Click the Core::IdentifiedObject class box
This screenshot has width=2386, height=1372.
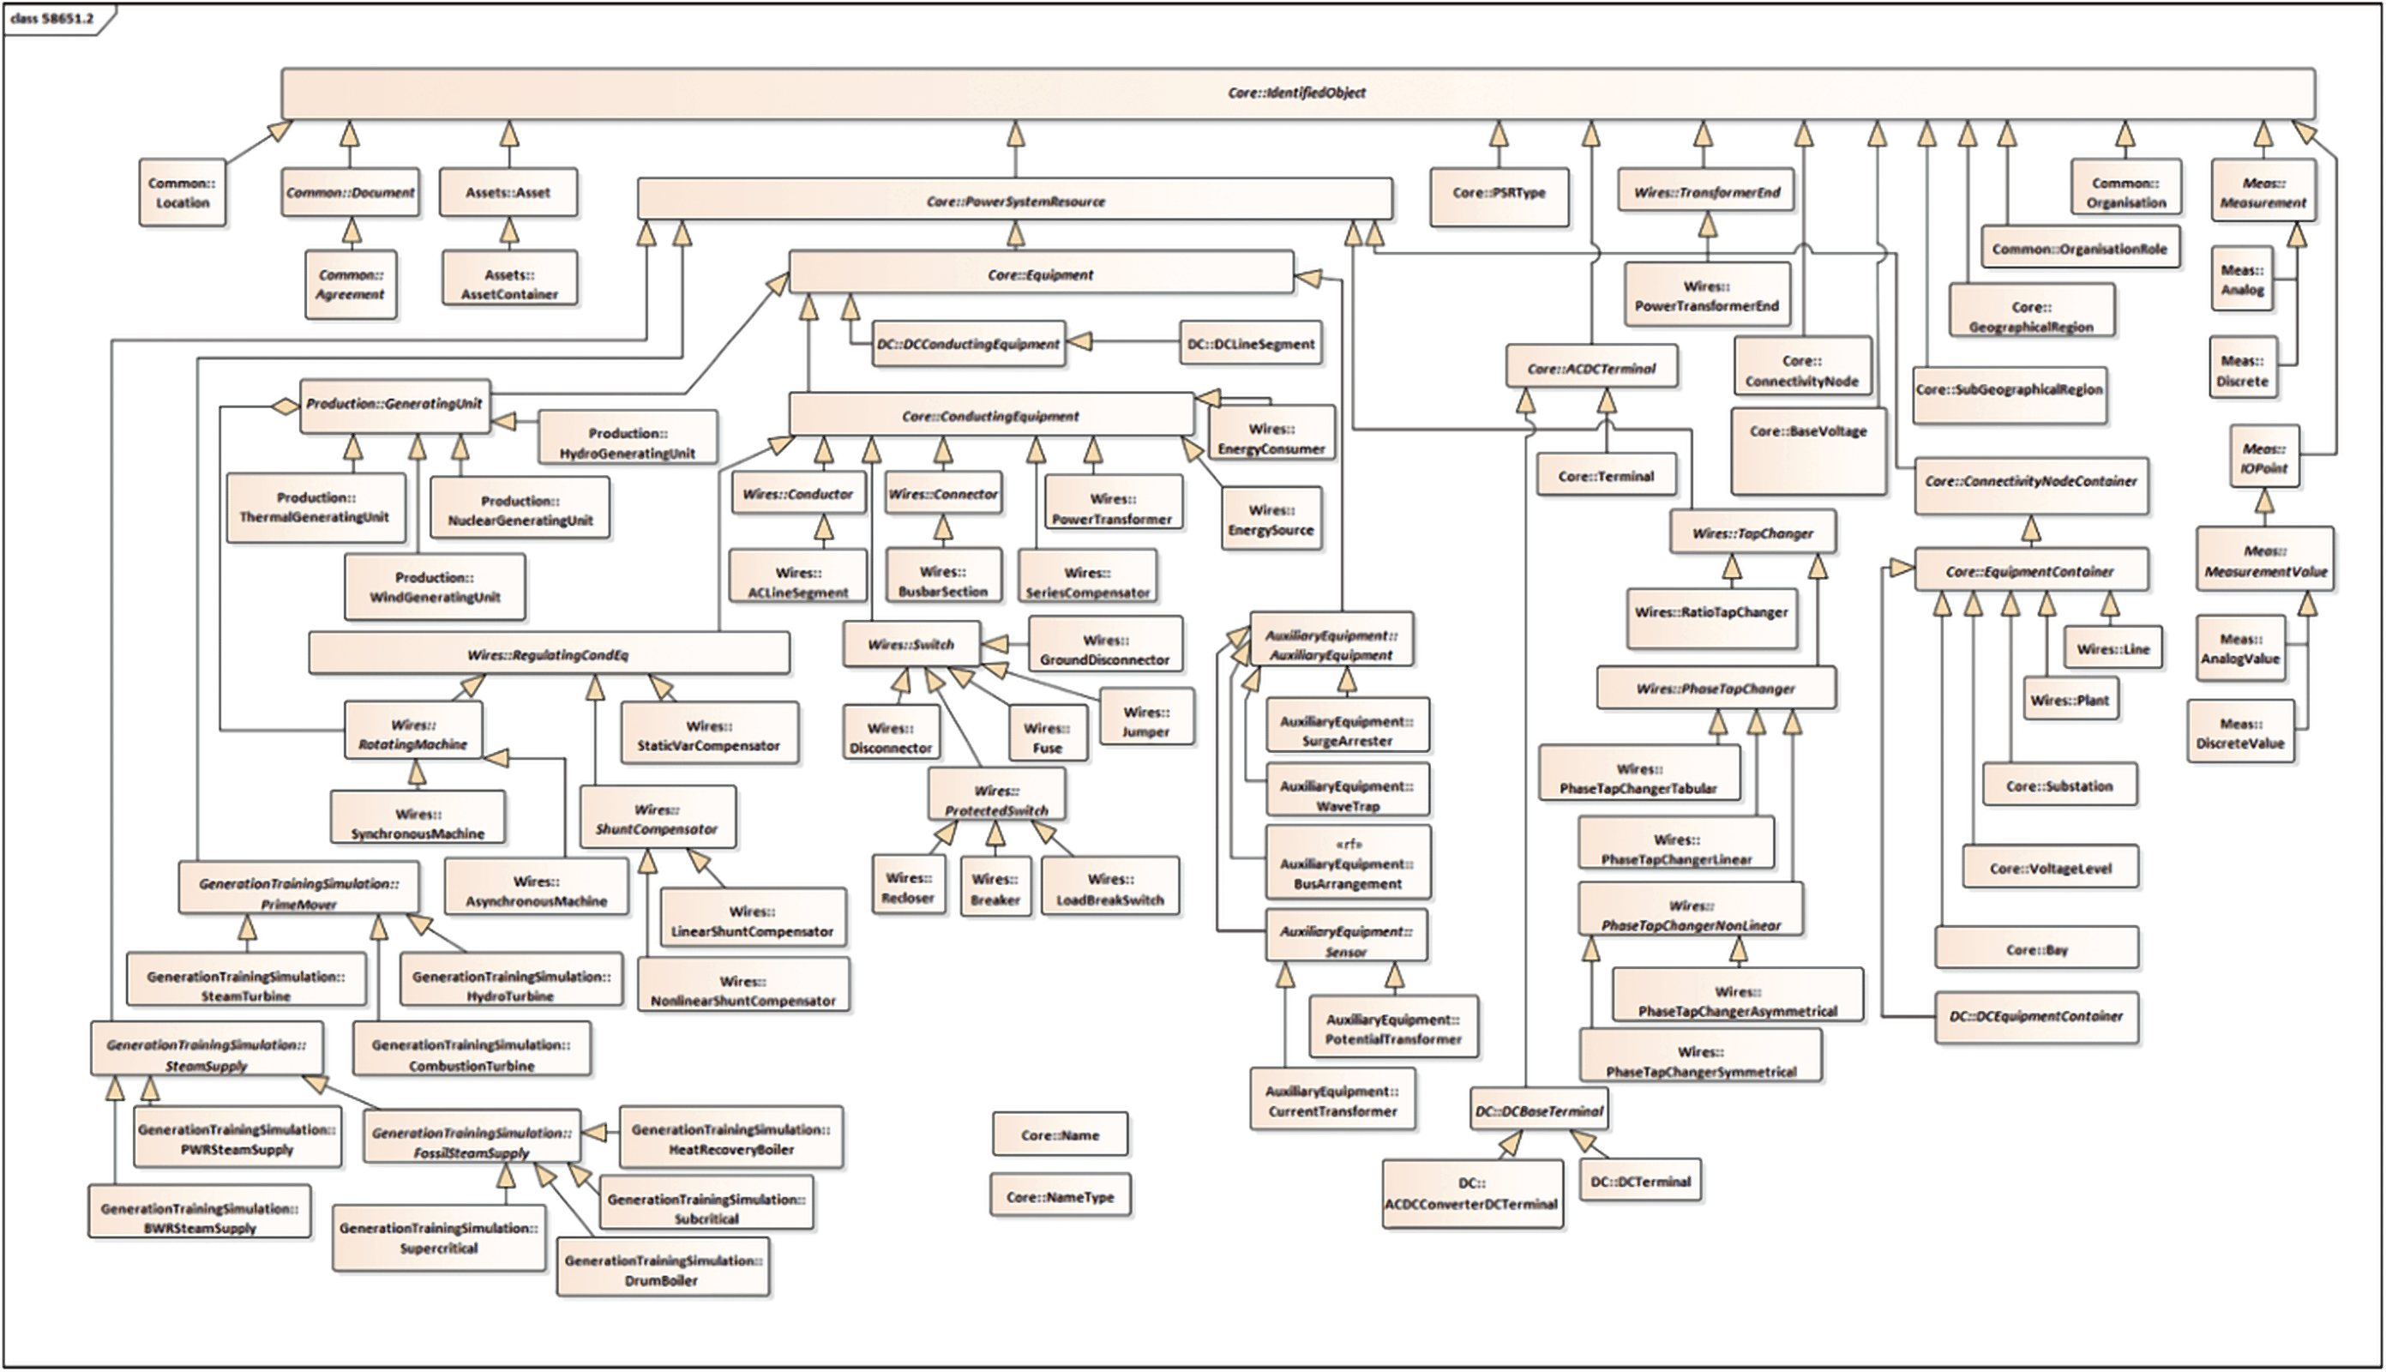point(1297,93)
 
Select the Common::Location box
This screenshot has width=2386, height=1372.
point(182,193)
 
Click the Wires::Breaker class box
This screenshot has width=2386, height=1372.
point(995,888)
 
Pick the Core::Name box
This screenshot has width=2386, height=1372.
point(1060,1134)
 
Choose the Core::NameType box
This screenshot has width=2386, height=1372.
point(1060,1196)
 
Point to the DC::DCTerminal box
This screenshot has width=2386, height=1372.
point(1640,1181)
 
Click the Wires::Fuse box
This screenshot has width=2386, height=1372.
point(1047,736)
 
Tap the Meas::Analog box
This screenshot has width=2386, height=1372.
point(2242,280)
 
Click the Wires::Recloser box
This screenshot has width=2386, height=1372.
point(908,887)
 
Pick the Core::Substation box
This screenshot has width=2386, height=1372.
point(2058,785)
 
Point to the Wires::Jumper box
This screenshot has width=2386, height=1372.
point(1145,721)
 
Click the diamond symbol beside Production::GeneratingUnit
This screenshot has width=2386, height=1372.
point(283,407)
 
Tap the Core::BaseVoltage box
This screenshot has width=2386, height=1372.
point(1807,450)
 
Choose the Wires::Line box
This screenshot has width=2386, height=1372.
point(2113,648)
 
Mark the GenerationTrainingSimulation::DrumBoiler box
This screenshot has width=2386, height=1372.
point(662,1269)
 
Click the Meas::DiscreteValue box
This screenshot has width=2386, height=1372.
point(2240,732)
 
